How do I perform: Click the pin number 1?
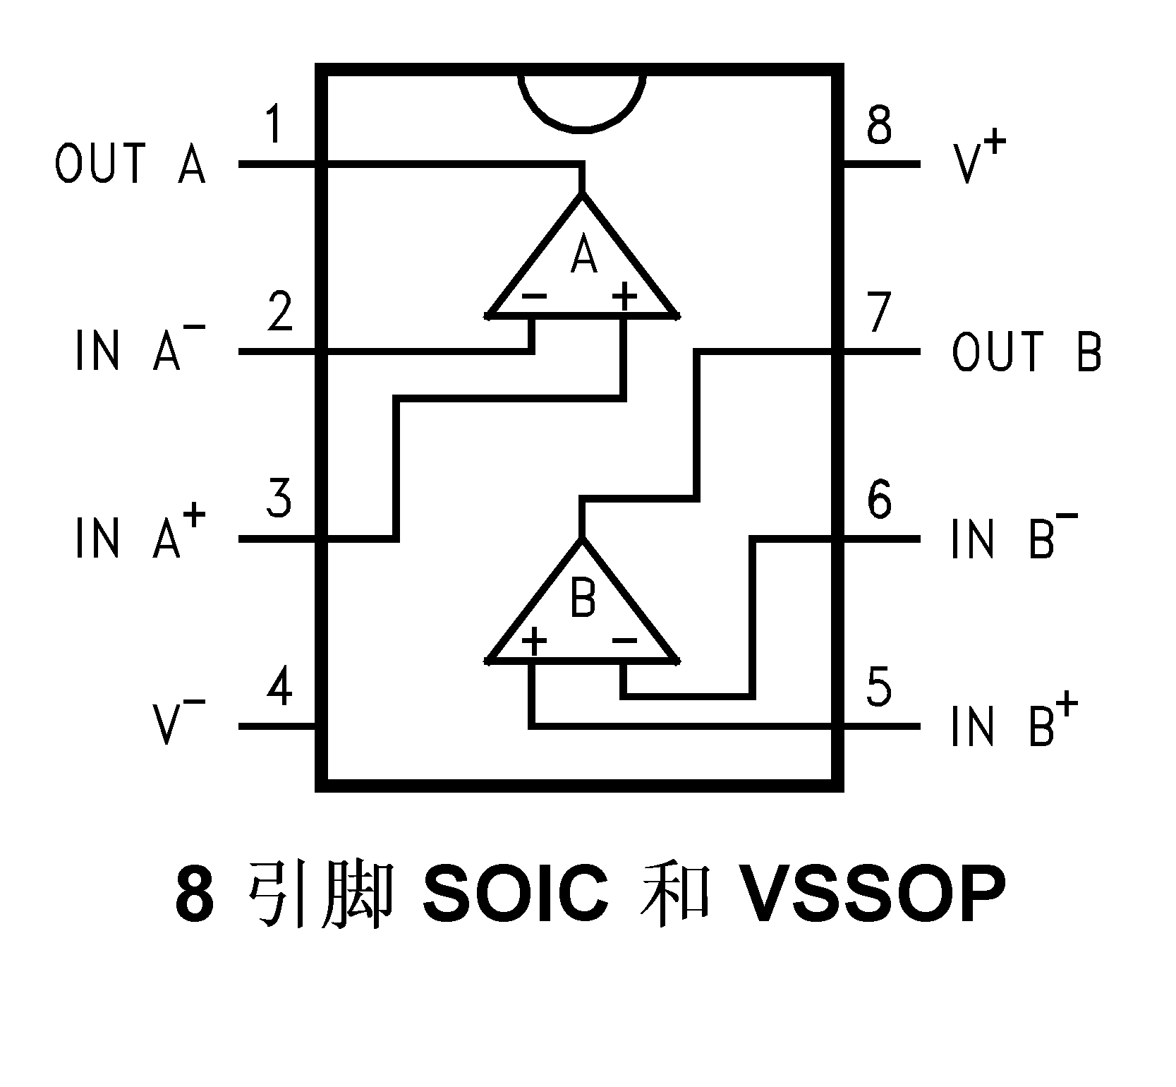pos(276,125)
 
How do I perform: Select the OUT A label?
pos(131,164)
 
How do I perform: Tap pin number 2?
pos(280,313)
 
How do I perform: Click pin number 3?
pos(279,500)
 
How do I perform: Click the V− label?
pos(178,721)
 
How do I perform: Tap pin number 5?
pos(878,687)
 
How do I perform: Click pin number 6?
pos(879,500)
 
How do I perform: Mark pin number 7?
pos(879,313)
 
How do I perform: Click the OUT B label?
pos(1026,352)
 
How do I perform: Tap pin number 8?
pos(879,125)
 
